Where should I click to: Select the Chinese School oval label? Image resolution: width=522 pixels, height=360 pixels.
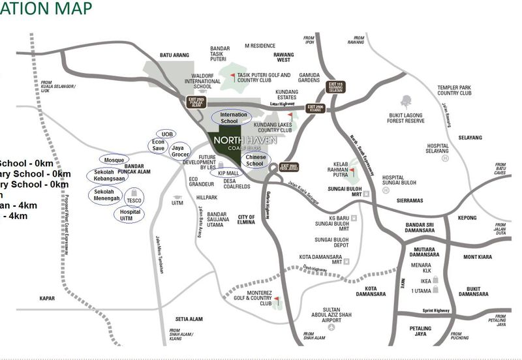[x=254, y=160]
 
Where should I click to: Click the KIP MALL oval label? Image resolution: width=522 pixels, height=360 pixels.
[x=227, y=173]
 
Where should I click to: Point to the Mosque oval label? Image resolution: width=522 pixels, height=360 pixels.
[x=114, y=160]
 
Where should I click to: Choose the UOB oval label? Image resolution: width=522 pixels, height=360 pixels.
[x=167, y=134]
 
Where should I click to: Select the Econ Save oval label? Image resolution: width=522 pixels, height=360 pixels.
[x=158, y=145]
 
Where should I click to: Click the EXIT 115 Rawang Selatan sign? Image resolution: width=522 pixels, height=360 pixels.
[x=335, y=87]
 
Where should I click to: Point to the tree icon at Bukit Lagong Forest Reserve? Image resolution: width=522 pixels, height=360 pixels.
[x=407, y=102]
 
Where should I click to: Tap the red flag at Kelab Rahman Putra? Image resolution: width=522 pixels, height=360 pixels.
[x=350, y=172]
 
